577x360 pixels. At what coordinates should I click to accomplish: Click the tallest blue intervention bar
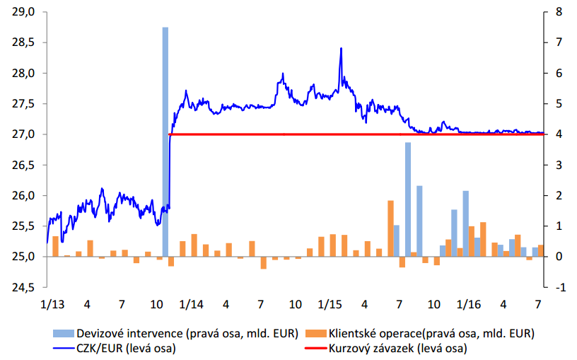pos(165,141)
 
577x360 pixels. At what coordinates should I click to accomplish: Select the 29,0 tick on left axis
pos(24,12)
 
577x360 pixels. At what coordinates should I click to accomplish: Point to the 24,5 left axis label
pos(24,288)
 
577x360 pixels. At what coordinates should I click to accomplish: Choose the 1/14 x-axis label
pos(191,305)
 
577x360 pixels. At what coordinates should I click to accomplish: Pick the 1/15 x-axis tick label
pos(330,305)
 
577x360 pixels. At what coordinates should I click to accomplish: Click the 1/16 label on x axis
pos(469,305)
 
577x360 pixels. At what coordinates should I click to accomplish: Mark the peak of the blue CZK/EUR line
pos(342,49)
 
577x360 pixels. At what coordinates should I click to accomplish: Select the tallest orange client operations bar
pos(390,228)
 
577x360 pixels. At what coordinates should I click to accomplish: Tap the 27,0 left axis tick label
pos(24,134)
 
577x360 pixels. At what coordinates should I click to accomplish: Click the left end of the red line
pos(170,134)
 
